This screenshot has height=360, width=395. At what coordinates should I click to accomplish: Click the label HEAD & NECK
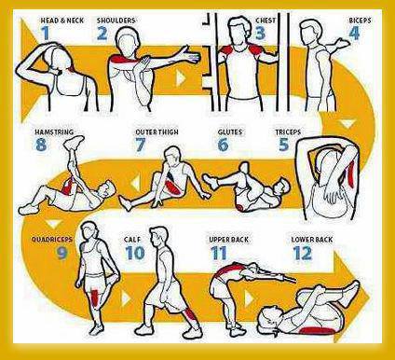(x=62, y=21)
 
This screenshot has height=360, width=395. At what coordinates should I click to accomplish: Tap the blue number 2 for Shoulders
(x=102, y=34)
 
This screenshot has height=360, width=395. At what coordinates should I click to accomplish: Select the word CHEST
(x=266, y=21)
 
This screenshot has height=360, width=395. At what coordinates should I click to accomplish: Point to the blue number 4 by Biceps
(x=354, y=34)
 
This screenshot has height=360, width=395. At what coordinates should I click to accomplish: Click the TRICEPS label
(x=288, y=132)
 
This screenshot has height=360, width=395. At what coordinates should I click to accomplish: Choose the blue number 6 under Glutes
(x=223, y=145)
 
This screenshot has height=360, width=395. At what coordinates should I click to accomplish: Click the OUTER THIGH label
(x=157, y=132)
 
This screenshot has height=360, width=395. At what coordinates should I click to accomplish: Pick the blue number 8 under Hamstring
(x=41, y=145)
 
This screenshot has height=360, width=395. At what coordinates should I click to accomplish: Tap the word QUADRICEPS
(x=52, y=240)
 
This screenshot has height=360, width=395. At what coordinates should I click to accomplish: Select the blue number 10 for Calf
(x=135, y=253)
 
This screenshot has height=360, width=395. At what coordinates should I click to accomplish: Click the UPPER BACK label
(x=229, y=240)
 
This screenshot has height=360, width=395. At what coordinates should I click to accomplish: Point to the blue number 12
(x=302, y=253)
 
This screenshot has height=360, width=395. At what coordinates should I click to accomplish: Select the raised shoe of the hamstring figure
(x=74, y=142)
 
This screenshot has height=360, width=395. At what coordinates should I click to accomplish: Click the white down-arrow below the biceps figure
(x=347, y=124)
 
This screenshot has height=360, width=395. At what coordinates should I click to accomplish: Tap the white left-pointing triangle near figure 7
(x=135, y=184)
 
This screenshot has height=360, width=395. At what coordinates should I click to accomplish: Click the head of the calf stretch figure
(x=158, y=237)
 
